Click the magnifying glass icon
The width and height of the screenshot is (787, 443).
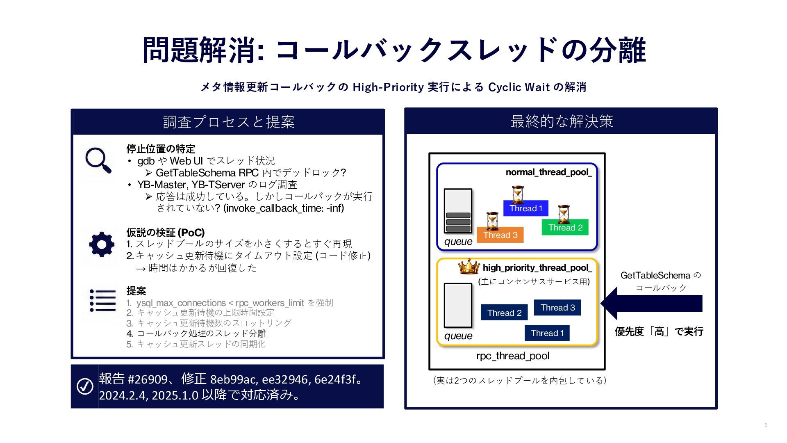tap(98, 160)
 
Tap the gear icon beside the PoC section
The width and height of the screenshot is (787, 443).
tap(102, 244)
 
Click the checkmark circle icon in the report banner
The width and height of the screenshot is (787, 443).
tap(85, 386)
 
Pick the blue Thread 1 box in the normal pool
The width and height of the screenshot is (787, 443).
tap(525, 208)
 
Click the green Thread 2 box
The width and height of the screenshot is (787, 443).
tap(565, 227)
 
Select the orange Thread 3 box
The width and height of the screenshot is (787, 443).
tap(500, 235)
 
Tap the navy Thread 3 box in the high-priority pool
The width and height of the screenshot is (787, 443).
tap(557, 308)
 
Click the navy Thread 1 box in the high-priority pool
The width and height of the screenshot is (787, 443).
tap(547, 333)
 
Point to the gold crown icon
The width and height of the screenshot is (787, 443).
tap(469, 267)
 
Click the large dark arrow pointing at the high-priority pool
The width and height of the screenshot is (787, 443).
tap(651, 304)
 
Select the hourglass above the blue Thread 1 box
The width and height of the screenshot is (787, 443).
tap(518, 194)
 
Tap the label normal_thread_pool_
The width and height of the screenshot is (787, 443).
tap(548, 172)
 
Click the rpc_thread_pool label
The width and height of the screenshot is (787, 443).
tap(512, 356)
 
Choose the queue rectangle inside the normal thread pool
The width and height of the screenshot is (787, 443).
tap(458, 211)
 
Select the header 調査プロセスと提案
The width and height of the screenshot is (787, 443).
tap(228, 122)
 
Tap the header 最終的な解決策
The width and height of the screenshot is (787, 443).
tap(561, 121)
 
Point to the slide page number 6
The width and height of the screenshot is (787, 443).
tap(766, 425)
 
